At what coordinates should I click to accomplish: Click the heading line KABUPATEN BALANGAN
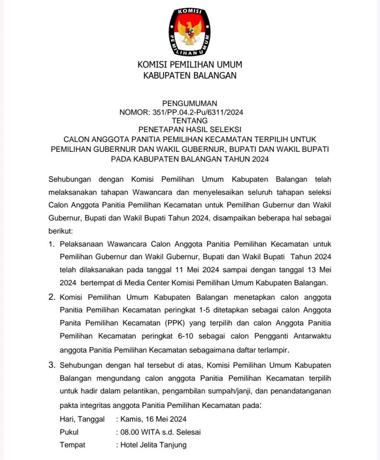coord(190,76)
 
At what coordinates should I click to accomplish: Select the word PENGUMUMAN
coord(190,103)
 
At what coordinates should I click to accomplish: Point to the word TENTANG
coord(190,120)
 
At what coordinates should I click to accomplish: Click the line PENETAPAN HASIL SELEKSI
coord(190,129)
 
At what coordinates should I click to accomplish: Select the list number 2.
coord(51,297)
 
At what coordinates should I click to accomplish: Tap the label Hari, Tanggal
coord(82,419)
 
